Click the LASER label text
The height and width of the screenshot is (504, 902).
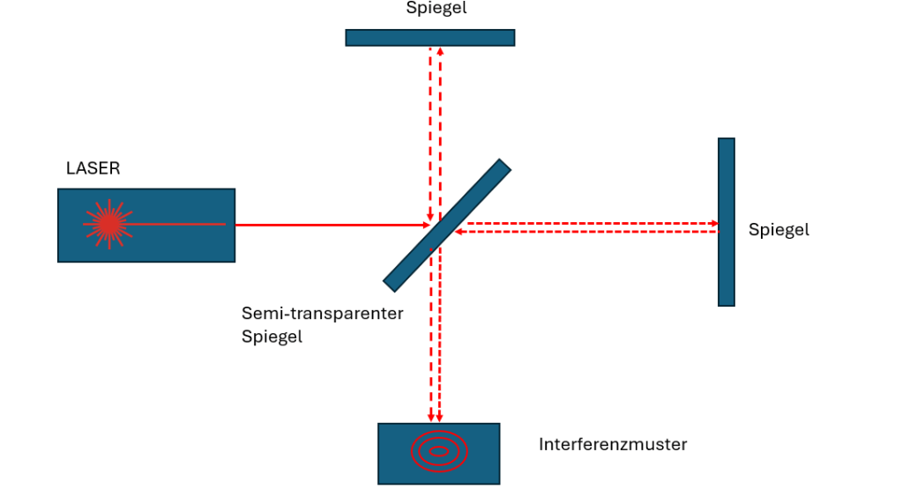click(93, 168)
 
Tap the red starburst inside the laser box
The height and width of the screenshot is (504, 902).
click(108, 225)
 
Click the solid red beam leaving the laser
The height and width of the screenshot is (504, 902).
click(326, 225)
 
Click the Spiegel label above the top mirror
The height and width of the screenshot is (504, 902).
click(436, 9)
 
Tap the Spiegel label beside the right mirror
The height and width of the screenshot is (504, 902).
click(779, 230)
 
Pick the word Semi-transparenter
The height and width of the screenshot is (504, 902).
click(323, 314)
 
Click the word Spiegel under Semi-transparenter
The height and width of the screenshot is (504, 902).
click(272, 337)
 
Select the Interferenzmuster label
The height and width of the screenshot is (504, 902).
click(613, 445)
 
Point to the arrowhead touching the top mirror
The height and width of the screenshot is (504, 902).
click(440, 50)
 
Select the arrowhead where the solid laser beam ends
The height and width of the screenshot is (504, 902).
click(427, 225)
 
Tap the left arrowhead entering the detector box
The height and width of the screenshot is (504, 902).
click(430, 419)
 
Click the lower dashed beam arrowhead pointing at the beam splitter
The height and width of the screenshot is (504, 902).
click(459, 232)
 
